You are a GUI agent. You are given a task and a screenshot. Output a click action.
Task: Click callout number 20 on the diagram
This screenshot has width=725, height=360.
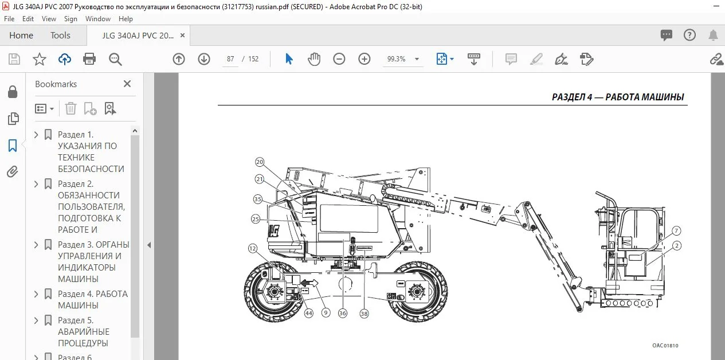[x=260, y=162]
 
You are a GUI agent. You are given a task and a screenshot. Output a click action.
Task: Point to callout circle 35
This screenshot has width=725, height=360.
[x=258, y=199]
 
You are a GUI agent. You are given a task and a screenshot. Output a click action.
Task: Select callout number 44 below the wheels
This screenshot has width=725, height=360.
[x=309, y=313]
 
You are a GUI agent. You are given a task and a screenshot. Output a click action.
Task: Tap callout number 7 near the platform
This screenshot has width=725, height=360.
[x=676, y=231]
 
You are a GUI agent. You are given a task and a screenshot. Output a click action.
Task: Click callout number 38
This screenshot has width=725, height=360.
[x=364, y=314]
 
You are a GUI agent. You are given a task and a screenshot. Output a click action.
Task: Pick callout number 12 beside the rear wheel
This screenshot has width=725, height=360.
[x=252, y=248]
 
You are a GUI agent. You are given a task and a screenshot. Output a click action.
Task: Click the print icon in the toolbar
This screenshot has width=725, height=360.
[x=89, y=59]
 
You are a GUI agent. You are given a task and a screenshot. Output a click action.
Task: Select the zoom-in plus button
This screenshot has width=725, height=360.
[x=364, y=59]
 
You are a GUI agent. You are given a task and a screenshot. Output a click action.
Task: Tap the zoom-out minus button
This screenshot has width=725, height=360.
[x=339, y=59]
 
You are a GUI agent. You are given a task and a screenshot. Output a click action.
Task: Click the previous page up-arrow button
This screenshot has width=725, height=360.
[x=179, y=59]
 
